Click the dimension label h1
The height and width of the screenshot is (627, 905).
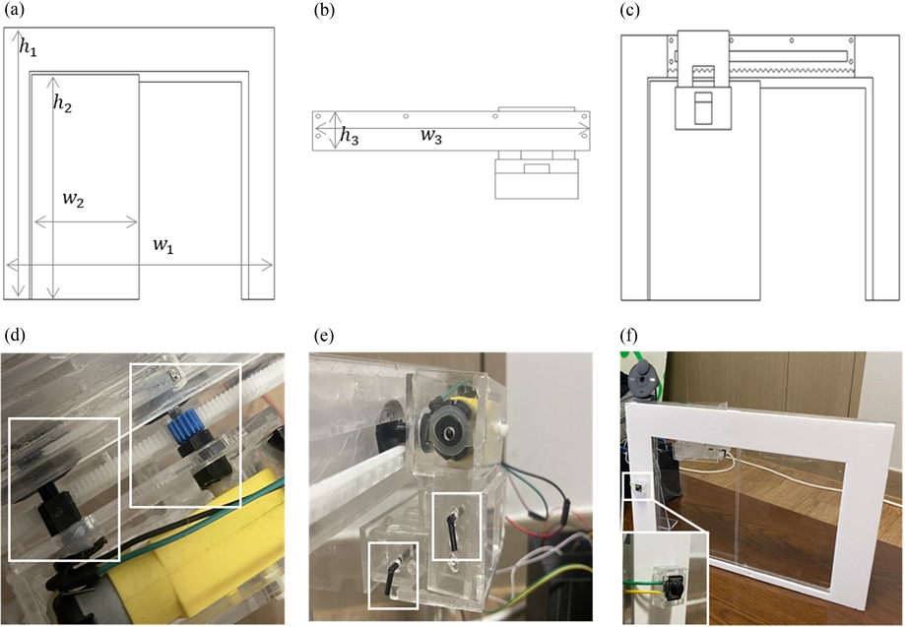click(x=30, y=47)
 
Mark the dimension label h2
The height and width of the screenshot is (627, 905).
click(x=63, y=101)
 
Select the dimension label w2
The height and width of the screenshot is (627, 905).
click(x=73, y=200)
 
